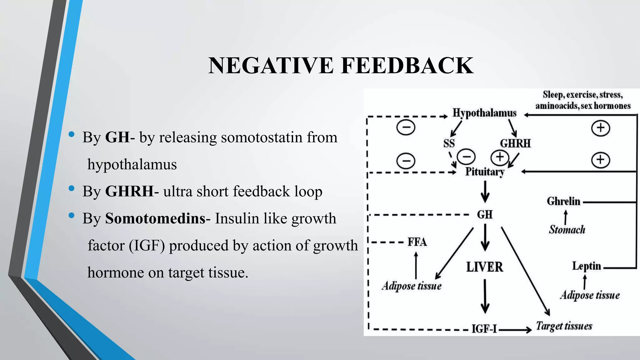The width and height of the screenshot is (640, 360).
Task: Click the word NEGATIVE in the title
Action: coord(271,66)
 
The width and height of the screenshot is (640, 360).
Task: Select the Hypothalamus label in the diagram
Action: coord(484,113)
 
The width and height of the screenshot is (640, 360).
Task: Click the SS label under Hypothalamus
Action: coord(449,143)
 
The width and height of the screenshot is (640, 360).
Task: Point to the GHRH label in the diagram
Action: coord(515,143)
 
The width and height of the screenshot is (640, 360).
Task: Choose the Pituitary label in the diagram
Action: coord(485,172)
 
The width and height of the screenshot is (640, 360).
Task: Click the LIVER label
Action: coord(485,267)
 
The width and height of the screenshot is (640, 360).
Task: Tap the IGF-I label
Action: coord(484,329)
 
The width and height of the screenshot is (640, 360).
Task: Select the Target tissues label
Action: coord(564,326)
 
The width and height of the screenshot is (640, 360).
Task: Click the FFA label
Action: coord(417,242)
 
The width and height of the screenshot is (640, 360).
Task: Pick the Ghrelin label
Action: coord(563,201)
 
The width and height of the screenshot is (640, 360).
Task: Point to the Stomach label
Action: coord(567,230)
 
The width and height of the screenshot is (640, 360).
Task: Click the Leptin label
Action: coord(587,266)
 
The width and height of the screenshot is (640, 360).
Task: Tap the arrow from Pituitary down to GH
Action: coord(485,192)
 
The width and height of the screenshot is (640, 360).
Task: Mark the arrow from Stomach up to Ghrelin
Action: coord(566,217)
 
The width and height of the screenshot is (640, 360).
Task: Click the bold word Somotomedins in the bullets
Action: coord(155,218)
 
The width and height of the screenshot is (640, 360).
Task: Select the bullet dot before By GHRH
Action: coord(72,188)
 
